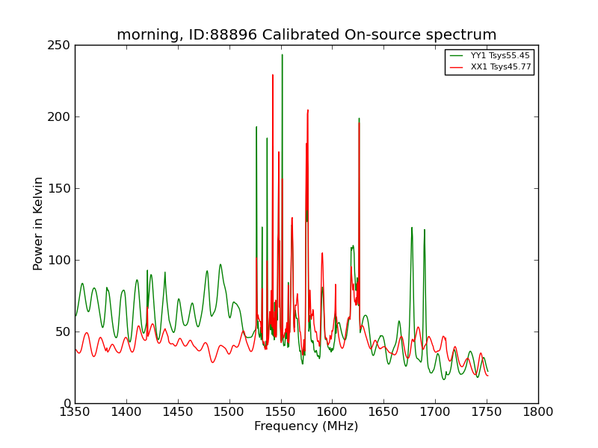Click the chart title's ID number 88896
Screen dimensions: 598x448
[233, 34]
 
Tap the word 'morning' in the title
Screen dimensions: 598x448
[147, 35]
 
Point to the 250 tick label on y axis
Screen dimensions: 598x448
[59, 46]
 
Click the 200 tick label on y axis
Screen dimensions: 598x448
[59, 117]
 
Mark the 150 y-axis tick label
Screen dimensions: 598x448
[59, 189]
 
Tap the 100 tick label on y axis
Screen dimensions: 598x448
[59, 260]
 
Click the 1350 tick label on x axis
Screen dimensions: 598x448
[75, 412]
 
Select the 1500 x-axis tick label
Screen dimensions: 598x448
[229, 412]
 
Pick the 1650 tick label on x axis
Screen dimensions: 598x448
[383, 412]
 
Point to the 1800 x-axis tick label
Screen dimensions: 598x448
[538, 412]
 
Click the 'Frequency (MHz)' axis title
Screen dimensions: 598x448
[306, 426]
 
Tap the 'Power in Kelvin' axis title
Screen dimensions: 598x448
[38, 224]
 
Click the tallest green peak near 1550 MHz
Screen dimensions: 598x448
[283, 55]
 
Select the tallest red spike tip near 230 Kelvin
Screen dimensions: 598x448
[273, 75]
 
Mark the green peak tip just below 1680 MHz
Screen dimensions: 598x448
[412, 228]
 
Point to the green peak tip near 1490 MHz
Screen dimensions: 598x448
[220, 264]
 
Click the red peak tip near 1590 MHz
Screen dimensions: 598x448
[322, 253]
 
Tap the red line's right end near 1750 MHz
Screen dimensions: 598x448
[488, 376]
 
